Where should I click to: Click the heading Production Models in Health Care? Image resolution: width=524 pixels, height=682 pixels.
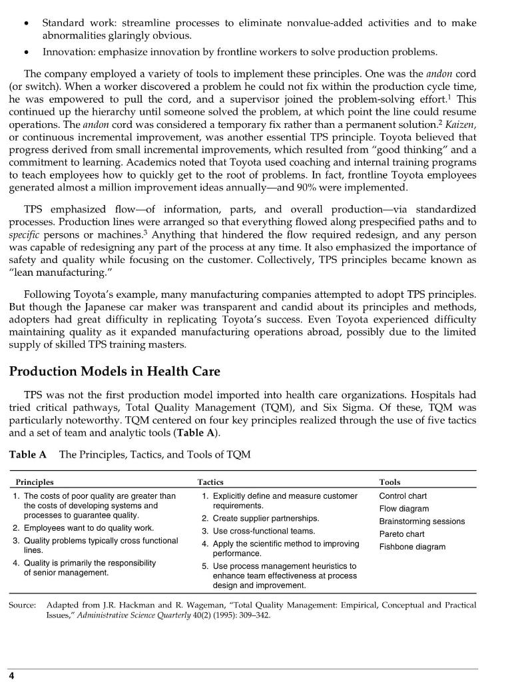(x=115, y=370)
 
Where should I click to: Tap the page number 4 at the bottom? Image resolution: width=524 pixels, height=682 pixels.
(x=11, y=675)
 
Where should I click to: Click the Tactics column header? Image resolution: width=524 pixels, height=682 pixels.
(x=210, y=482)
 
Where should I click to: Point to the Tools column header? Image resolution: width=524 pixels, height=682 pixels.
(x=390, y=482)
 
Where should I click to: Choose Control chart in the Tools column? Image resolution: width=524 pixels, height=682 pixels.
(x=403, y=496)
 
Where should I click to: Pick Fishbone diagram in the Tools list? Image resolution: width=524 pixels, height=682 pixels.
(x=412, y=547)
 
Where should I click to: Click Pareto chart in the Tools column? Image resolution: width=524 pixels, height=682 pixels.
(x=401, y=534)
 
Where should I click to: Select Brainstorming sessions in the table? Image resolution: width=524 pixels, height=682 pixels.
(x=421, y=521)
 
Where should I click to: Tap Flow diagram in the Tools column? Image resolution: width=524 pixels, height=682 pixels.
(x=403, y=509)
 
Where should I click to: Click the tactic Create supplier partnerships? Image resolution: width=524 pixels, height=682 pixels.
(x=266, y=518)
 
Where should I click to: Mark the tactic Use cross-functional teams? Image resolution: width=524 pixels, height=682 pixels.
(x=264, y=531)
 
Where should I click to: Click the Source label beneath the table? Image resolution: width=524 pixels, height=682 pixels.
(x=22, y=605)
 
